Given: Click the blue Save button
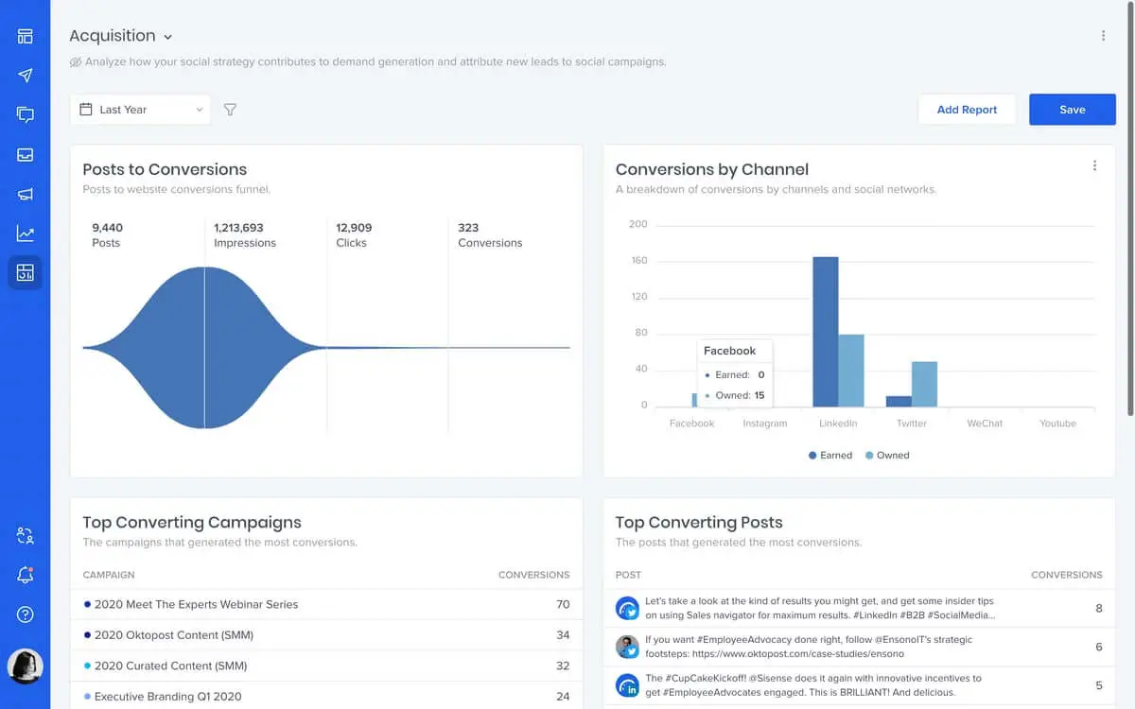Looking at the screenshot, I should pos(1072,110).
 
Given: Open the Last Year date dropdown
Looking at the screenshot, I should pos(140,110).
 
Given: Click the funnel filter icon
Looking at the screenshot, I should pos(230,110).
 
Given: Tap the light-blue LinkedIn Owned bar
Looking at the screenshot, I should pos(851,370).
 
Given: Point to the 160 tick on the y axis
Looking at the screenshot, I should pos(638,261).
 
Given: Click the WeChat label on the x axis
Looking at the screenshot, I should pos(985,424).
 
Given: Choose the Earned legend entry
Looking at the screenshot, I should pos(830,456).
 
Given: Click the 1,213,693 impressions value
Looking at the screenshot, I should pos(238,228).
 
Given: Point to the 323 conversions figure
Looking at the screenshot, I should pos(468,228).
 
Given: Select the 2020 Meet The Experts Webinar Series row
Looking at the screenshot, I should pos(196,604).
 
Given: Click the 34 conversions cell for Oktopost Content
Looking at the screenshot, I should pos(563,635).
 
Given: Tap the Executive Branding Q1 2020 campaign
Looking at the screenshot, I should pos(167,697).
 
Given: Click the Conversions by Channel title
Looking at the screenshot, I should pos(711,170).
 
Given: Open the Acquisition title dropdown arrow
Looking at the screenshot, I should pos(168,37).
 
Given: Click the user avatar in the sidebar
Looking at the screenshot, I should pos(26,666).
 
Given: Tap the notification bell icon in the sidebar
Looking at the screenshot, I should pos(26,575).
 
